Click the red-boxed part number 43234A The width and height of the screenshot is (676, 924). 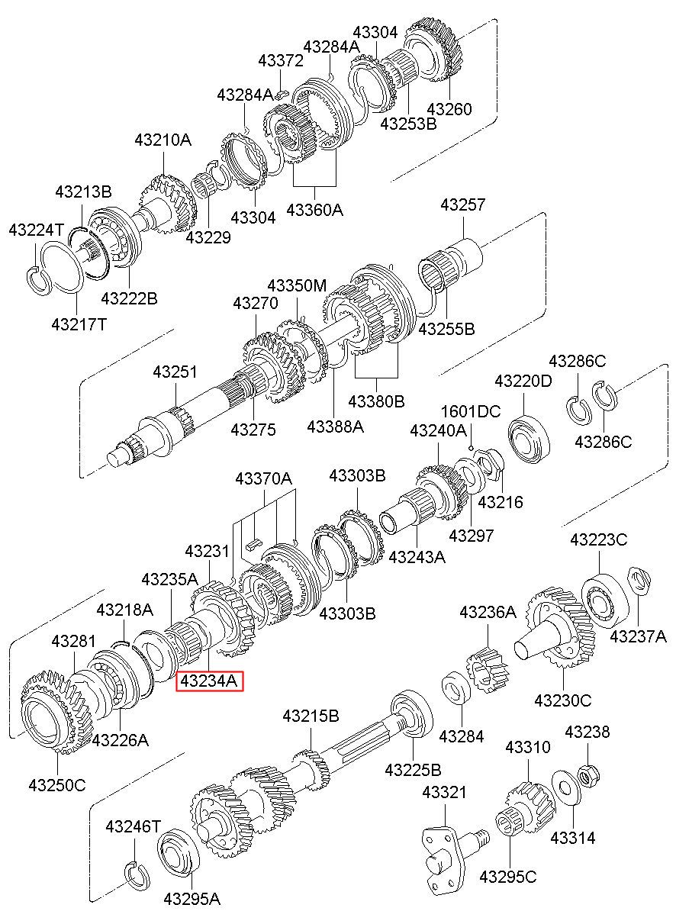(x=210, y=681)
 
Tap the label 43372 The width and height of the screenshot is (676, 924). (x=281, y=60)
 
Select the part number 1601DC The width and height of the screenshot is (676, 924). (x=471, y=411)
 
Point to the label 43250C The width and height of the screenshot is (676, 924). (x=57, y=785)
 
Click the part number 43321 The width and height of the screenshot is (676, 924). (x=444, y=793)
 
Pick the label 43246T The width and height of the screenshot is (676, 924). (x=134, y=826)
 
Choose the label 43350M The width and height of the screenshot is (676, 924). (x=297, y=285)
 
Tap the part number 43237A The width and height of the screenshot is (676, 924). (x=638, y=636)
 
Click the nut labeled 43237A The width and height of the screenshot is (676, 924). (x=639, y=581)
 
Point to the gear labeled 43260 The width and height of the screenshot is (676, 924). (x=433, y=50)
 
